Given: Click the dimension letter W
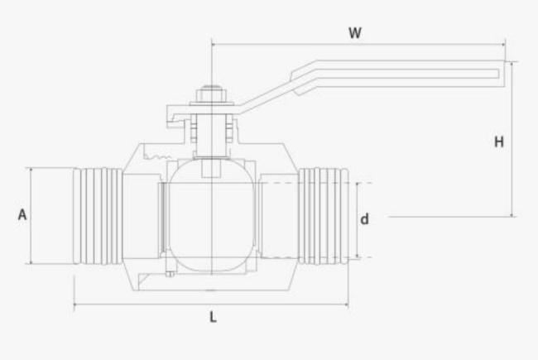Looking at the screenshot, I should [354, 33].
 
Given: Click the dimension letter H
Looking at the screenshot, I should [499, 142].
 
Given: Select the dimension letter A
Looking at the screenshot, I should [22, 215].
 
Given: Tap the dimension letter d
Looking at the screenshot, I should [363, 219].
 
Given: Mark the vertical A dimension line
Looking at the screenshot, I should [31, 240].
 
